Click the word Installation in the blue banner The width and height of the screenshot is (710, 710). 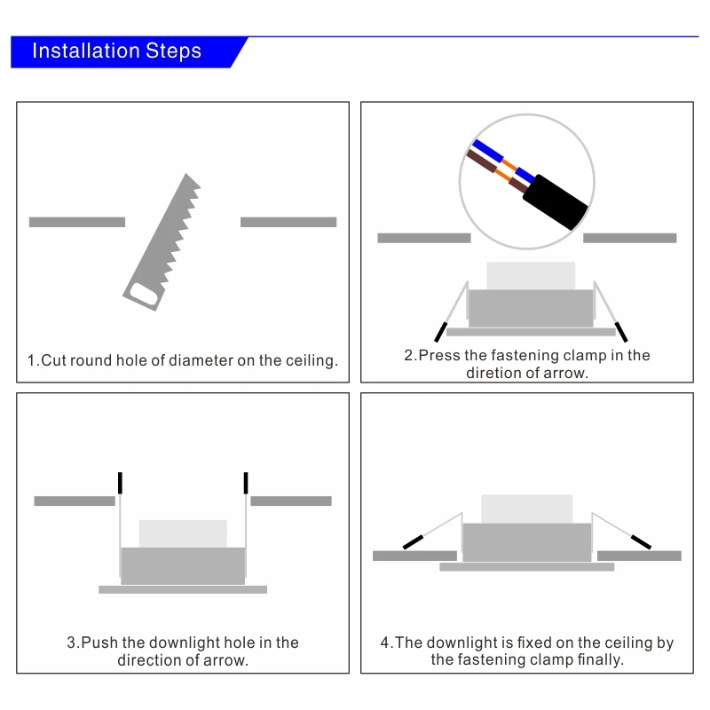86,51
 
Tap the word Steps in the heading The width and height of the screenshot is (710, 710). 173,51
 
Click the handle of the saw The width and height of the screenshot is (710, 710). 144,295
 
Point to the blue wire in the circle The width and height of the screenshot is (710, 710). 502,161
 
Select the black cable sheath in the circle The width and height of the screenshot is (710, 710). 556,201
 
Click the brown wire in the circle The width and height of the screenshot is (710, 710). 497,171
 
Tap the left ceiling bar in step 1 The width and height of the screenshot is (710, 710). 77,222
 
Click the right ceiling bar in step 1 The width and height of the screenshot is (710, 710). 288,222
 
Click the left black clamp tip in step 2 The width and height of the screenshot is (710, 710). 440,332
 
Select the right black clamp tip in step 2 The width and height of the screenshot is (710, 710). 621,332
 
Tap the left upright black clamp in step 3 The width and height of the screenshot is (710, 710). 120,483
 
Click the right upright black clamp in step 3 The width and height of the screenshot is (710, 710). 246,483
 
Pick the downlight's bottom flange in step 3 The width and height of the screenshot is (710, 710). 183,589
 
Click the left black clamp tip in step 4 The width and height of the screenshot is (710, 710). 413,542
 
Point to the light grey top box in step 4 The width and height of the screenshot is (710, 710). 527,509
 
